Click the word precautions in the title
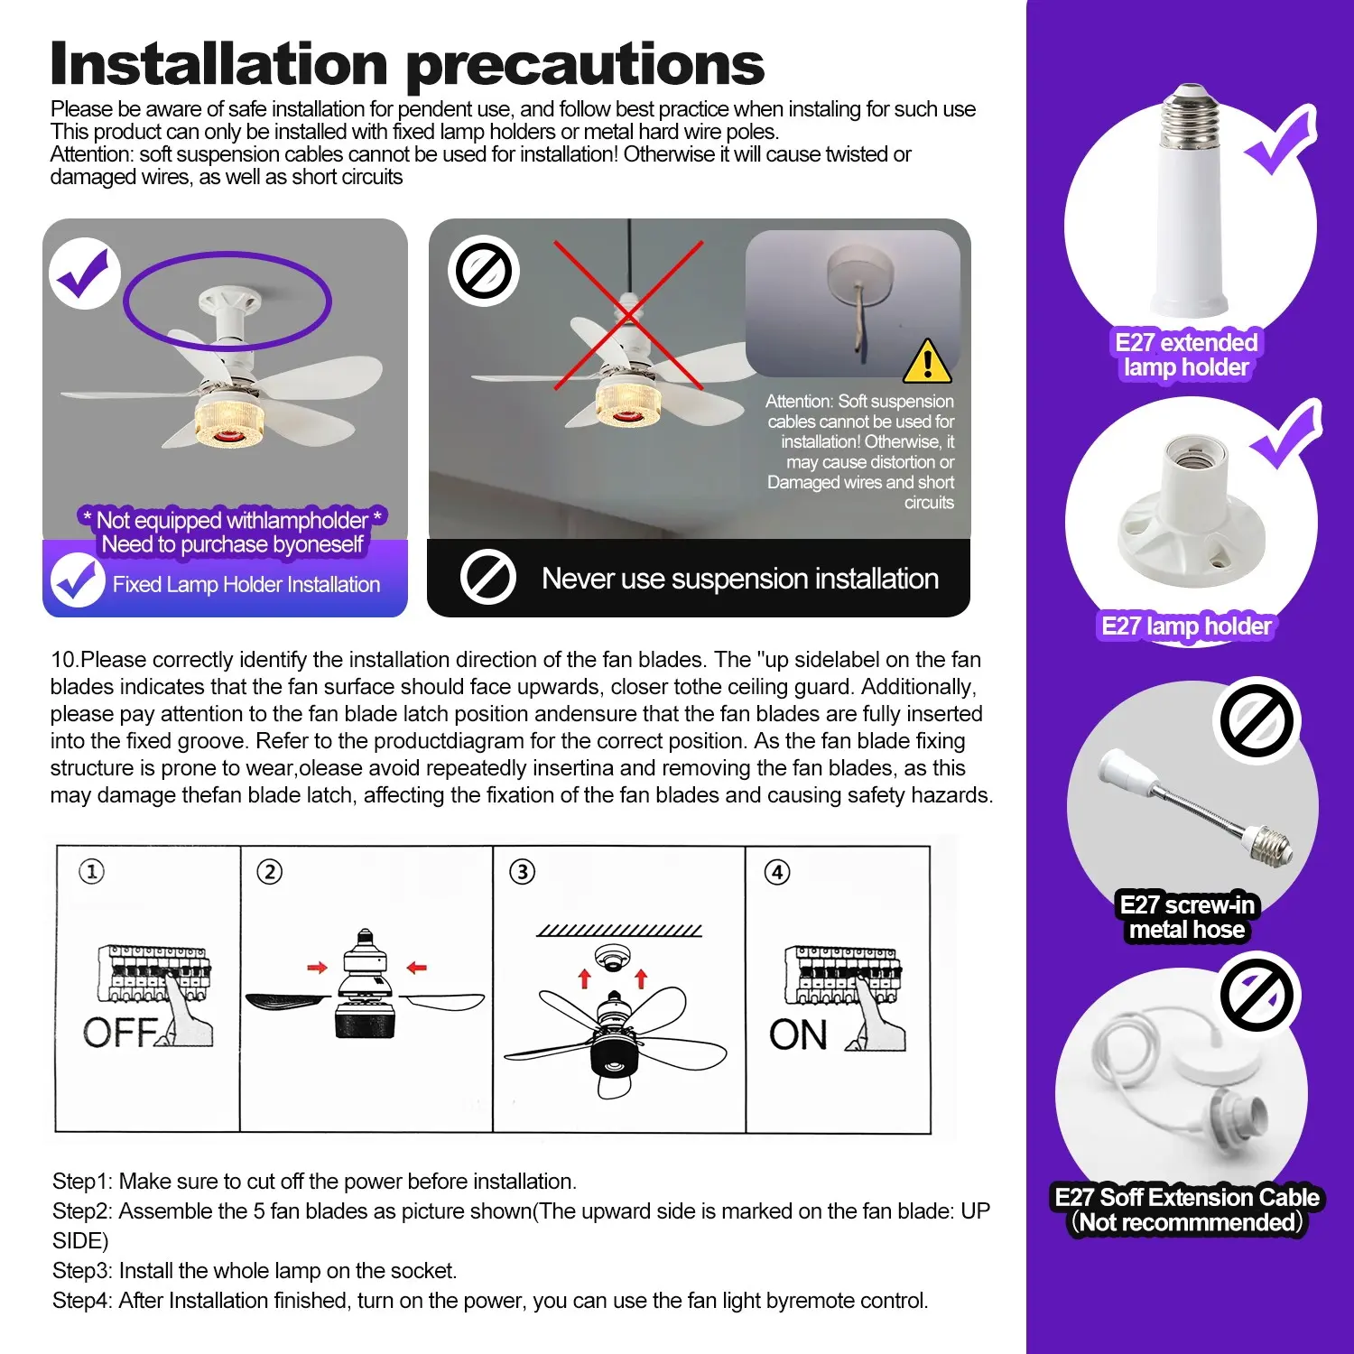(587, 66)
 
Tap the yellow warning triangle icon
(927, 361)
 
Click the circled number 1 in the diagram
(91, 872)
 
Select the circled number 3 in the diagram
(522, 872)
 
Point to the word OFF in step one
(120, 1032)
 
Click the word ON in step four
(798, 1035)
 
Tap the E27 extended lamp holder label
(1186, 355)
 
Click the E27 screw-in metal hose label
(1187, 917)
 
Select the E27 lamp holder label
(1186, 626)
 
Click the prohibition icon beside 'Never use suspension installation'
(488, 578)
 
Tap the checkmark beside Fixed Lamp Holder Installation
(78, 580)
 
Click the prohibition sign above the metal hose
(1257, 720)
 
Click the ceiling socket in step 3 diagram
(612, 957)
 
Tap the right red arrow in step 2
(416, 969)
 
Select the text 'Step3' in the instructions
(82, 1271)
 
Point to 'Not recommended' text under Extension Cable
(1187, 1222)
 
